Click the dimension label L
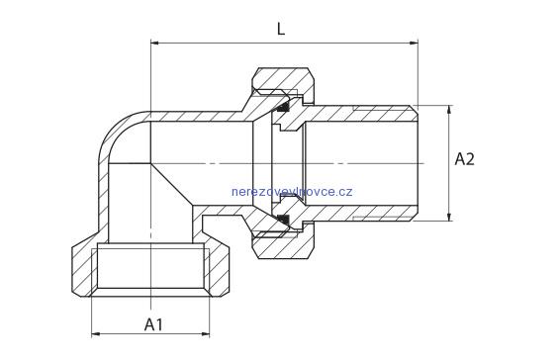tap(281, 29)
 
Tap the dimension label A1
tap(153, 324)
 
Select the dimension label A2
tap(465, 159)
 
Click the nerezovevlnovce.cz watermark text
tap(292, 192)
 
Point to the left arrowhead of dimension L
tap(155, 44)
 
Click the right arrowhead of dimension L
tap(414, 44)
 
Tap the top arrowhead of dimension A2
tap(449, 110)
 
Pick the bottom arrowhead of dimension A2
tap(449, 217)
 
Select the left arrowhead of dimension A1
tap(96, 334)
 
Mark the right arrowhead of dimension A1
tap(206, 334)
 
